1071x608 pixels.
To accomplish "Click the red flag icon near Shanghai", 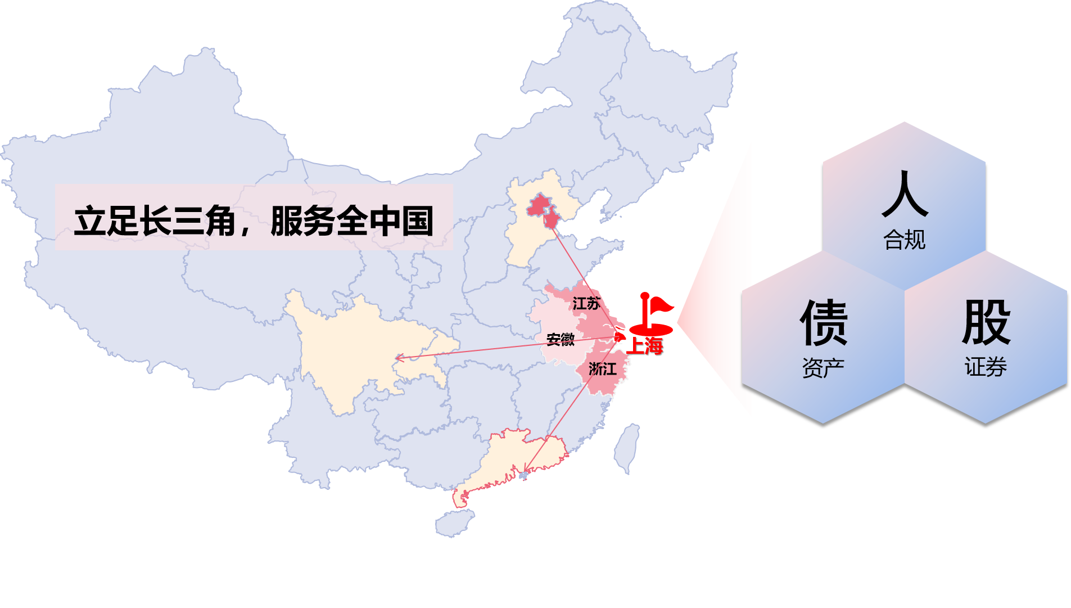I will click(653, 314).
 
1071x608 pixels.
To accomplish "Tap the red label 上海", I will click(645, 345).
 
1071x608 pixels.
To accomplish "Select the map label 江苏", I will click(586, 304).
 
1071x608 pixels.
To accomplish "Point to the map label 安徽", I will click(561, 339).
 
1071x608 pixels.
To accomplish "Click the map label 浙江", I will click(602, 369).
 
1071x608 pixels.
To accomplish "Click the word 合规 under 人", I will click(904, 240).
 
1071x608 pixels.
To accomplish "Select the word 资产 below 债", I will click(823, 368).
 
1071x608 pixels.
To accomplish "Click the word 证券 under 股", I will click(986, 367).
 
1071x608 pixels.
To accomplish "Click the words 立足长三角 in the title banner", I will click(155, 221).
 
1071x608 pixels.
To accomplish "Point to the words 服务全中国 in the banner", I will click(352, 221).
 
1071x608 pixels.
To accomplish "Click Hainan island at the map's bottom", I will click(454, 523).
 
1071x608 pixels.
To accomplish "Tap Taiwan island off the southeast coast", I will click(627, 447).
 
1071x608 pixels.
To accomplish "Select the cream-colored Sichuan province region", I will click(360, 349).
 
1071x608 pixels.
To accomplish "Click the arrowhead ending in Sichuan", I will click(397, 358).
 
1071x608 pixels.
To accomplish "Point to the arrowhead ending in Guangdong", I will click(525, 470).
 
